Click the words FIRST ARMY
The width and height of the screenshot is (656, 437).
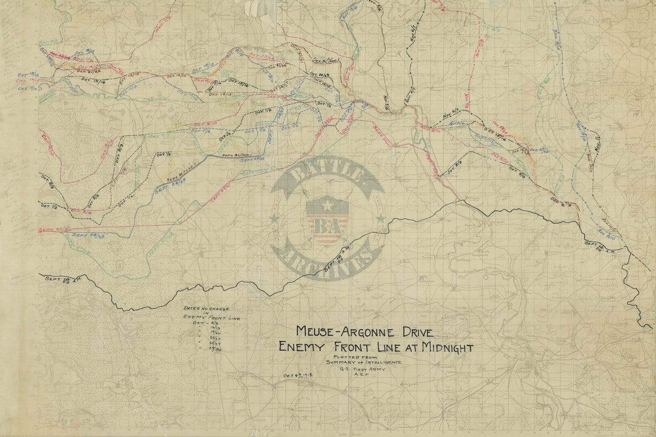[x=368, y=369]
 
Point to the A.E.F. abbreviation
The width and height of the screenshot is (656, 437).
[x=356, y=376]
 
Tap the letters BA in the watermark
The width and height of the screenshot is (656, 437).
[x=327, y=225]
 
